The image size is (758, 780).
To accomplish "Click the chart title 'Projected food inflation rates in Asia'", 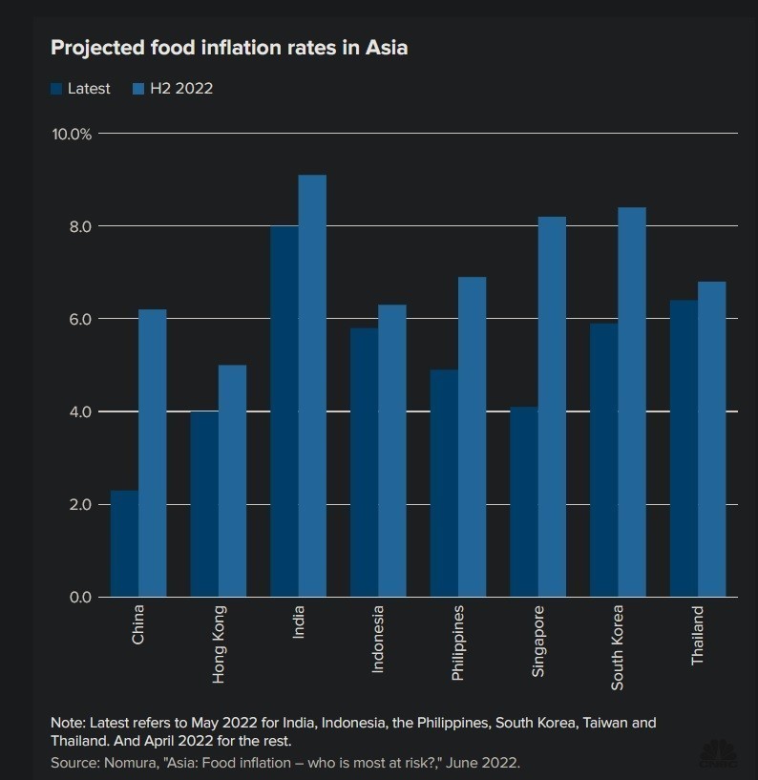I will coord(229,47).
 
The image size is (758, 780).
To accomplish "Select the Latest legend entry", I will coord(88,89).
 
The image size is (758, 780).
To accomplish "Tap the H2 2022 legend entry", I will coord(180,89).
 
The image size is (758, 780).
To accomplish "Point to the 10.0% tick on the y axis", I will coord(73,134).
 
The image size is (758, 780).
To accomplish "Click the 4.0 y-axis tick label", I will coord(79,411).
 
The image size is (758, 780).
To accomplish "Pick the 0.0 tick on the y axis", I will coord(79,597).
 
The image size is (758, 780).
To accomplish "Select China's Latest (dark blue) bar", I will coord(124,544).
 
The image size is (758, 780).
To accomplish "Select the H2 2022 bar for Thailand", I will coord(711,439).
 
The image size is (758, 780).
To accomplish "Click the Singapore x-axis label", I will coord(538,641).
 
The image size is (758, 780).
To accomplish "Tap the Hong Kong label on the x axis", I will coord(220,644).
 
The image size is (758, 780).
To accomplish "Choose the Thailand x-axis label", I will coord(698,636).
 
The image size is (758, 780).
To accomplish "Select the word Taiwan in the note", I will coord(600,723).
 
